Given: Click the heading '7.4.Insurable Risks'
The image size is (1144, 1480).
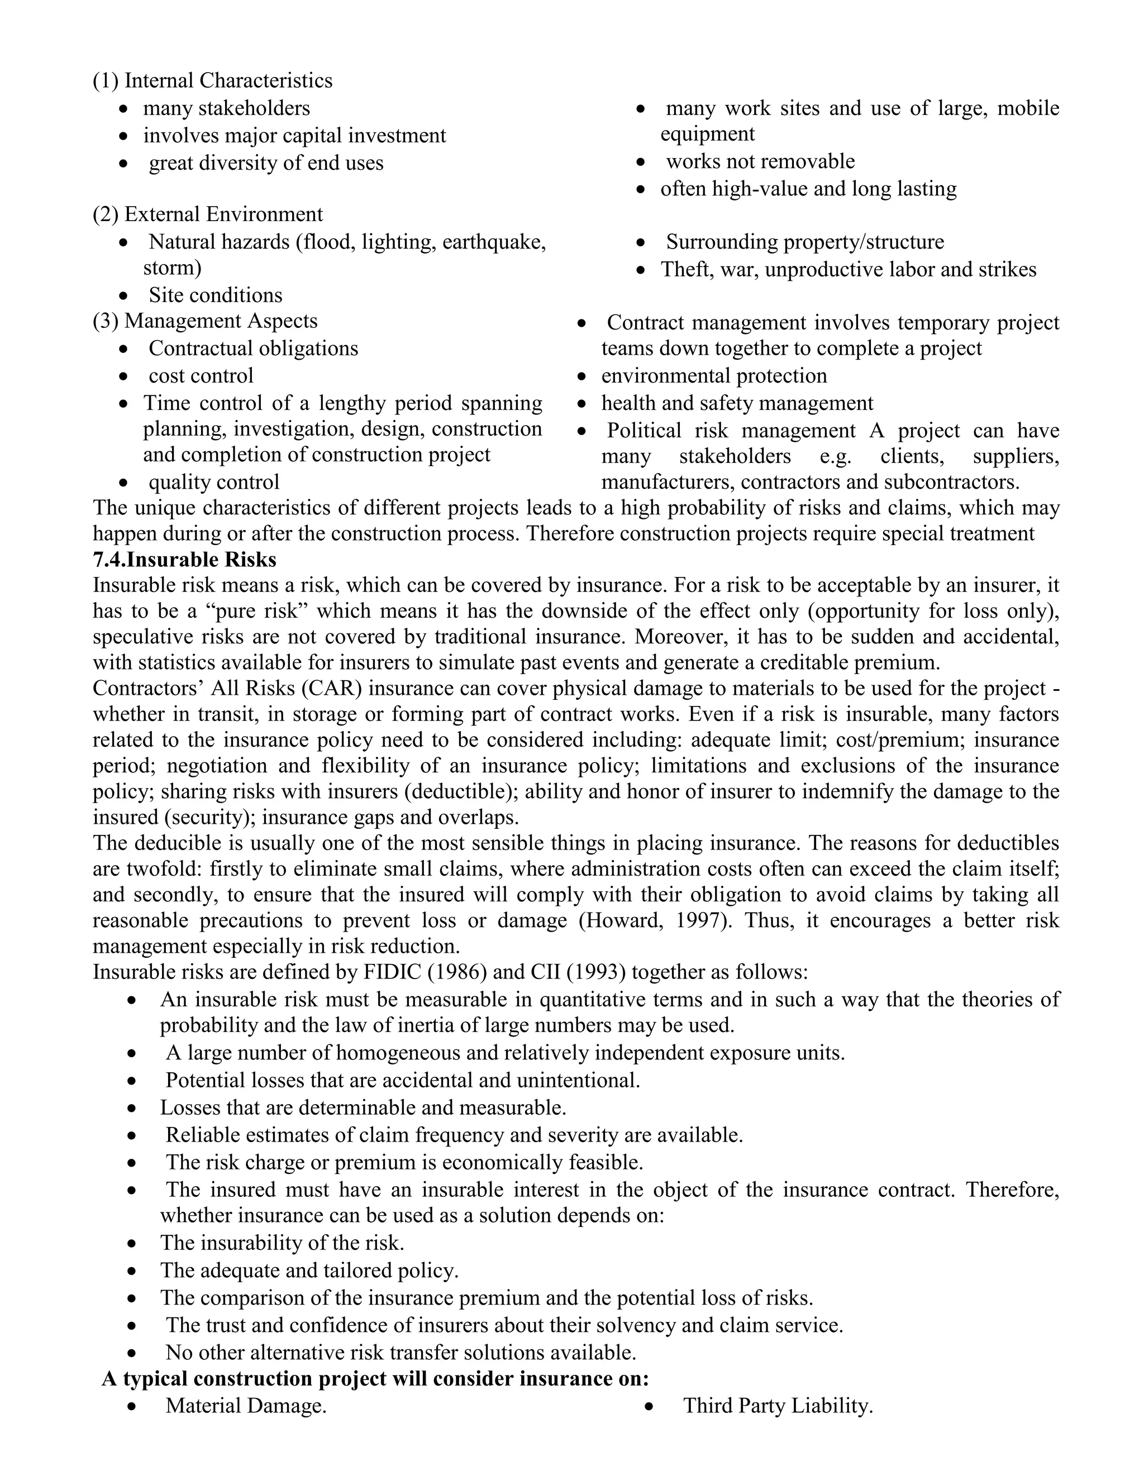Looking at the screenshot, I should [184, 560].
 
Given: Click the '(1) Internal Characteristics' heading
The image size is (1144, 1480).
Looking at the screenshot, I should [212, 80].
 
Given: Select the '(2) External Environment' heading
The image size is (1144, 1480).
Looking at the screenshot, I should [207, 214].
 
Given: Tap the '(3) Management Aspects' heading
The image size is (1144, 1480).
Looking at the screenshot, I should [204, 321].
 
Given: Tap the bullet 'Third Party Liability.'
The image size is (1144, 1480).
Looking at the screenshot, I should [778, 1406].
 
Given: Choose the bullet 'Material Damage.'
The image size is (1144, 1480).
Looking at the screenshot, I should [246, 1406].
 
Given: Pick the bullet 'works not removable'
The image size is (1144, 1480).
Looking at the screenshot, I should [760, 161].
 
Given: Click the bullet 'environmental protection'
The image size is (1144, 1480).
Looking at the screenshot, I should [714, 375].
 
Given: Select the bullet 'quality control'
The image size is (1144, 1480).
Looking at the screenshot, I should [213, 482].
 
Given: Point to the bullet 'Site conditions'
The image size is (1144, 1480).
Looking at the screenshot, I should [216, 295].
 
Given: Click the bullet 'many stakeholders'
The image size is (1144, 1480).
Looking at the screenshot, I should [226, 108].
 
